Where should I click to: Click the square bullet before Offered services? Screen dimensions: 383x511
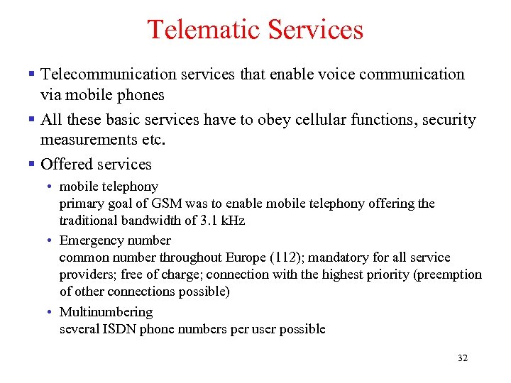[31, 164]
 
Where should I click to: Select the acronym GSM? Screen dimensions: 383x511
[169, 204]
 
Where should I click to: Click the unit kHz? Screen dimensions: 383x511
[233, 221]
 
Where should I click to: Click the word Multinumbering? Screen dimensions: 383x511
[106, 312]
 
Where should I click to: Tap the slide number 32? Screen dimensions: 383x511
[463, 358]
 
